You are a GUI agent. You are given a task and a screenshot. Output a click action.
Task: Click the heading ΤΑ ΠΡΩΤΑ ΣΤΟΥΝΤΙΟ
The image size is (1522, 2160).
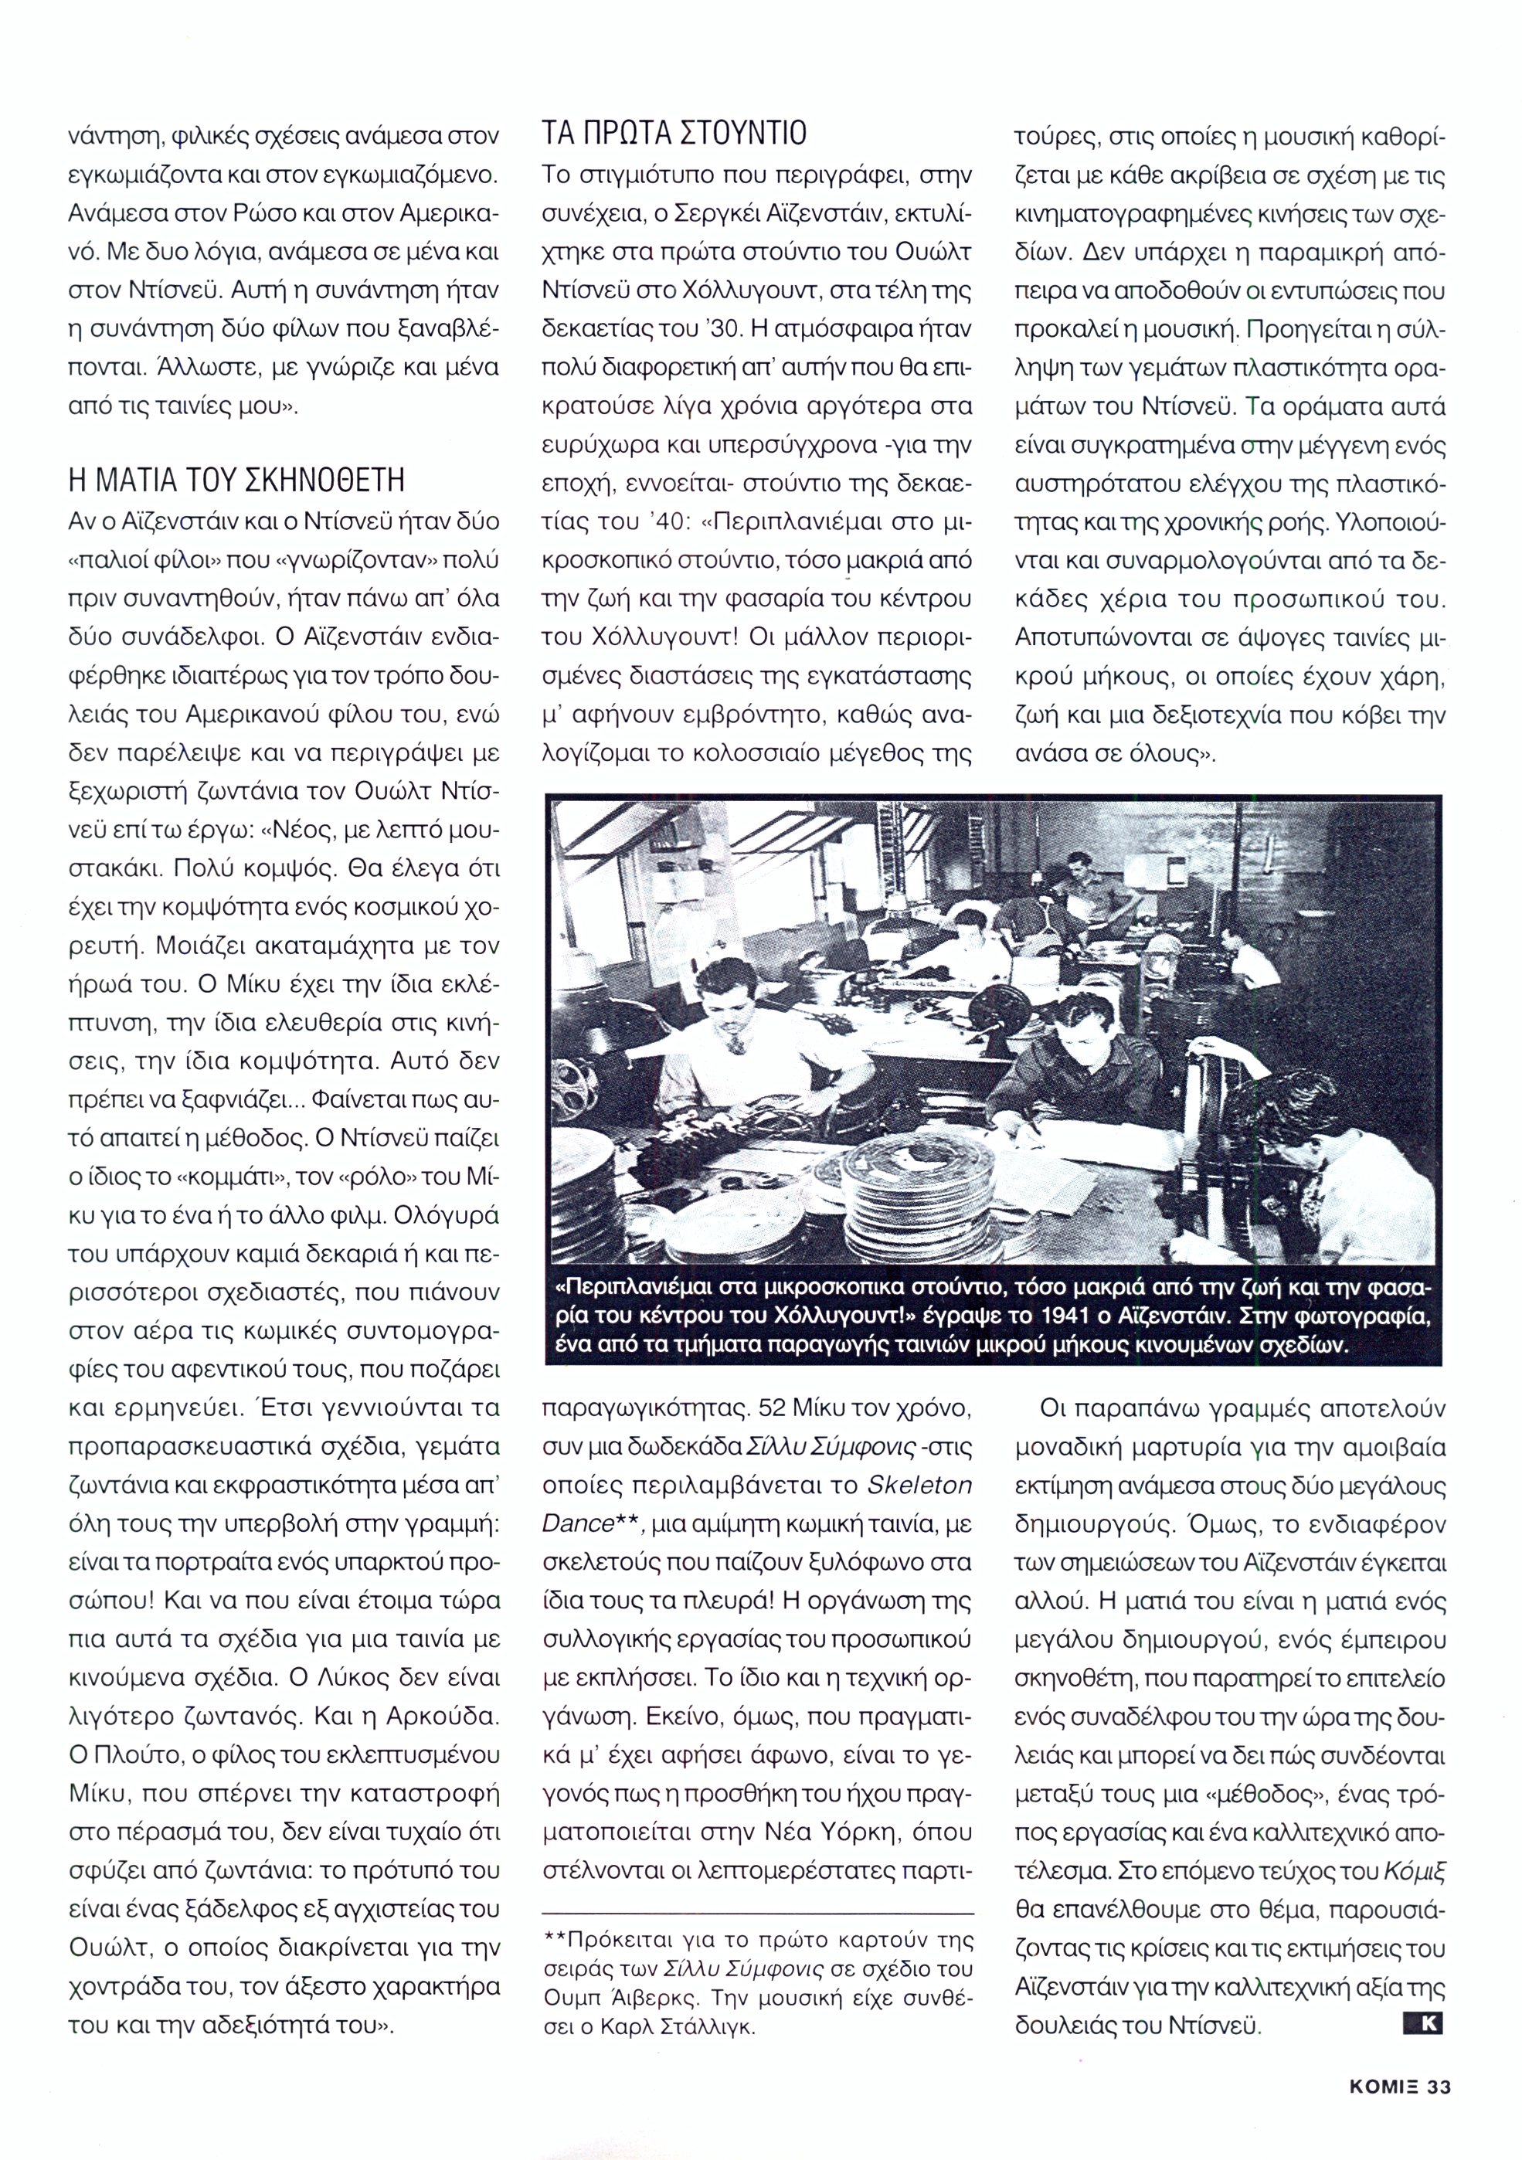point(674,134)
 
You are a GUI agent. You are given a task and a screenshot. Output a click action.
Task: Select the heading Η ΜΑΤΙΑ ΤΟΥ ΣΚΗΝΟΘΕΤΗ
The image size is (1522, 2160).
point(236,481)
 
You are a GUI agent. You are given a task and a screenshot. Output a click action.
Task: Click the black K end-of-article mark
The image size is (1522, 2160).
point(1422,2023)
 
